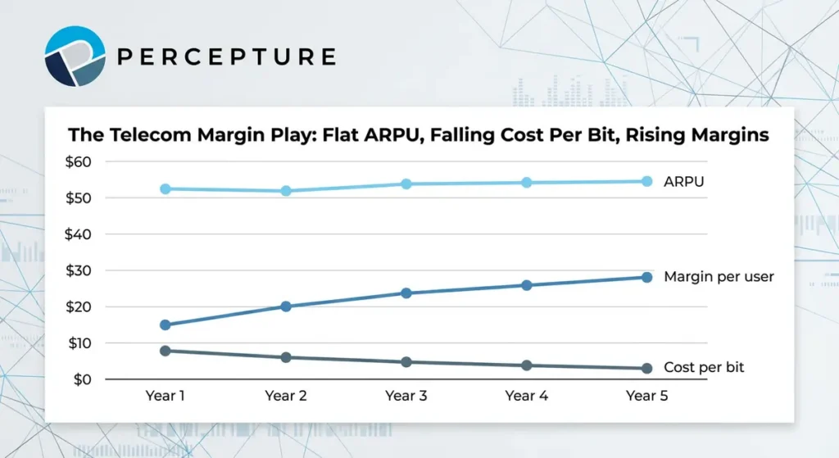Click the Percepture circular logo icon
tap(75, 56)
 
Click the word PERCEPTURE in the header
tap(227, 57)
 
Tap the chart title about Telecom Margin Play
tap(418, 135)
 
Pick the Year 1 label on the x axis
tap(166, 396)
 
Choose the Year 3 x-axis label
tap(406, 396)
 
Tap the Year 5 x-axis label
tap(646, 396)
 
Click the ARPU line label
tap(684, 181)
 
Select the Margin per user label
tap(719, 277)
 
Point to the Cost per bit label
tap(704, 367)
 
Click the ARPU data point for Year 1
tap(166, 188)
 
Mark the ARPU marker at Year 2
tap(286, 191)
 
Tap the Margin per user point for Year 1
tap(166, 324)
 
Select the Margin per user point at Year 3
tap(406, 292)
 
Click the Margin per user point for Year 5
tap(646, 277)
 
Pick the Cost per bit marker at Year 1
tap(166, 351)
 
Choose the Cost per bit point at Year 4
tap(526, 365)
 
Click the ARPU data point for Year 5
tap(646, 181)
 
